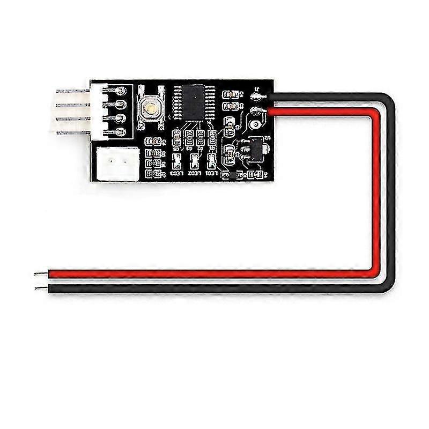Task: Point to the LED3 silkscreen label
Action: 176,174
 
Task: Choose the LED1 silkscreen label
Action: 212,174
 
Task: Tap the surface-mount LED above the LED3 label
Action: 177,160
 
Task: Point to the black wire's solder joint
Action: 260,97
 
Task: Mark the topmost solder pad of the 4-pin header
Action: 121,90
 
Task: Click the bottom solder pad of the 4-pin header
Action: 121,131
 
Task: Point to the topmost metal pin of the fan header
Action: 64,92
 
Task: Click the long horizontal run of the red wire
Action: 214,274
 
